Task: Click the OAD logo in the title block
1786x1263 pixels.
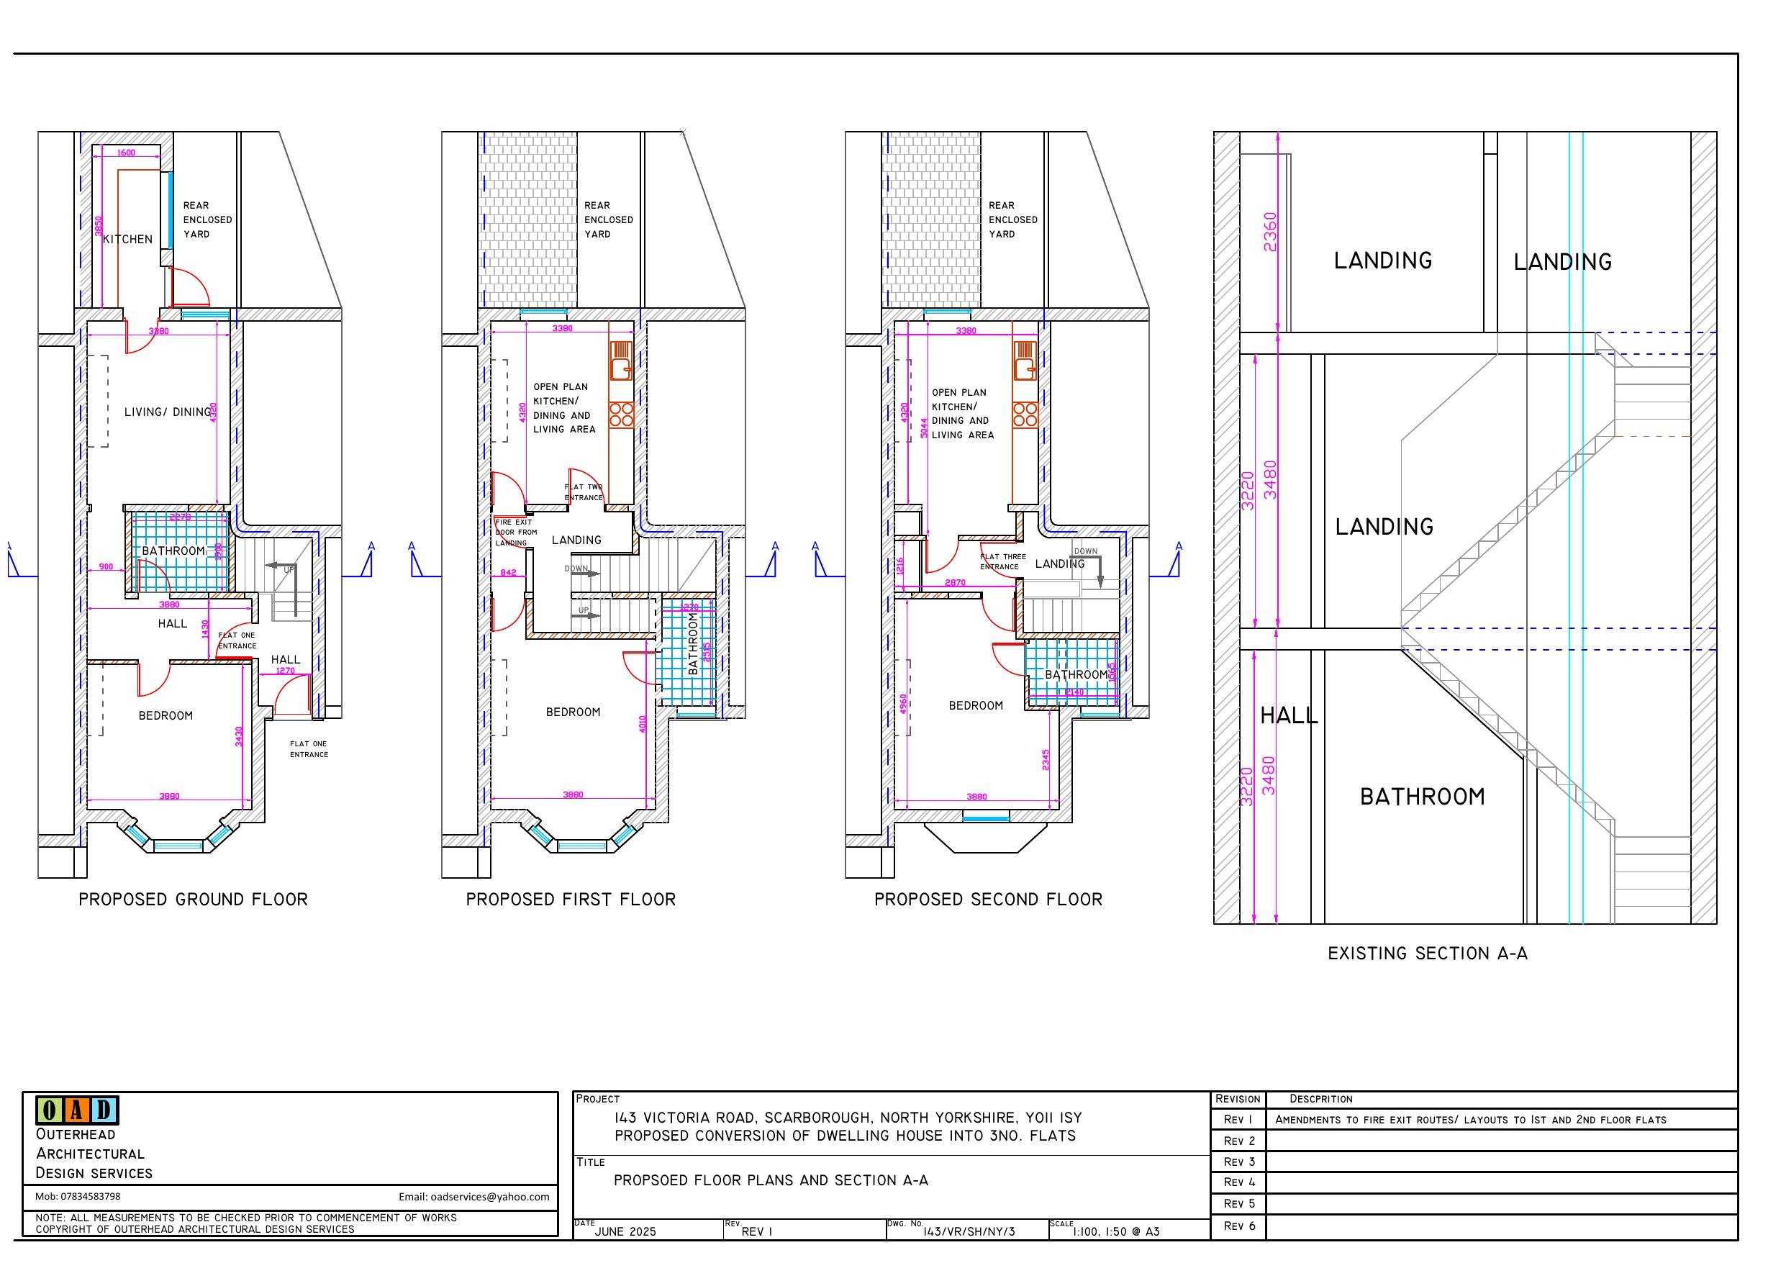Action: coord(76,1110)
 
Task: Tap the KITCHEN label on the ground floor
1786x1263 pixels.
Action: coord(127,239)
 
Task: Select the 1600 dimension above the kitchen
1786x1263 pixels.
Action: coord(126,153)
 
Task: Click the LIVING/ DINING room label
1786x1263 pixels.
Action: coord(168,412)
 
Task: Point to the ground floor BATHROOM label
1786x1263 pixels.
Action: coord(173,551)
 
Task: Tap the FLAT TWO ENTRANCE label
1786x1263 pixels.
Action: coord(584,492)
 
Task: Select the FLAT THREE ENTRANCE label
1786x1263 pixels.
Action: coord(1002,561)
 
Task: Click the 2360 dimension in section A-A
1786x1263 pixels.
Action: coord(1269,232)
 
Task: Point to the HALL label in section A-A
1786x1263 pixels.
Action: coord(1289,715)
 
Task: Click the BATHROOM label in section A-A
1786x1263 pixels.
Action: coord(1422,796)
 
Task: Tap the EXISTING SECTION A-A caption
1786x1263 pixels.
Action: coord(1428,954)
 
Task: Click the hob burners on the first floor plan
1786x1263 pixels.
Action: coord(621,414)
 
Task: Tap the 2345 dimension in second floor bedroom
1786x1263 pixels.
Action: coord(1046,760)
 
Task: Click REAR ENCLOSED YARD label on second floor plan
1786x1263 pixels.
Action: coord(1012,219)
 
